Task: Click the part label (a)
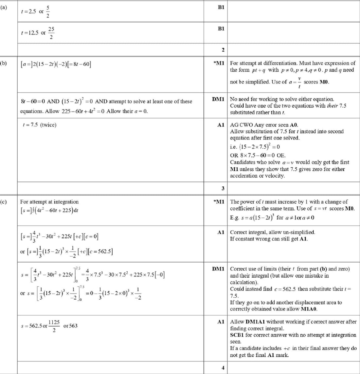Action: [x=3, y=7]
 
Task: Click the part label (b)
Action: [x=3, y=63]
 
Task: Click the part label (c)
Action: [x=3, y=202]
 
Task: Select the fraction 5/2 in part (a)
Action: [x=48, y=11]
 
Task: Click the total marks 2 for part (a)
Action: [x=223, y=50]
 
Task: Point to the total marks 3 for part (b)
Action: [x=223, y=188]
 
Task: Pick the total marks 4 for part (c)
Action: [x=223, y=368]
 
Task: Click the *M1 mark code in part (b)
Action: [x=219, y=63]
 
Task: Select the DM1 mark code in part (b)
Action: [x=218, y=99]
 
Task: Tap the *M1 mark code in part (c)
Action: [x=219, y=202]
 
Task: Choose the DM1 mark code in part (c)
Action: [x=218, y=269]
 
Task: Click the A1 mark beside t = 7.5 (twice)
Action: [x=221, y=125]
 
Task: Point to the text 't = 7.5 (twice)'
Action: [x=38, y=125]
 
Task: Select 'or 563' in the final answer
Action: [x=70, y=326]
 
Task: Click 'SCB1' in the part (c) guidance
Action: [x=237, y=335]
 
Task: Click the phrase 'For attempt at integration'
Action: [x=49, y=202]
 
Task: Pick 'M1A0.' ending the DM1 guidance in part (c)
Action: [x=309, y=309]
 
